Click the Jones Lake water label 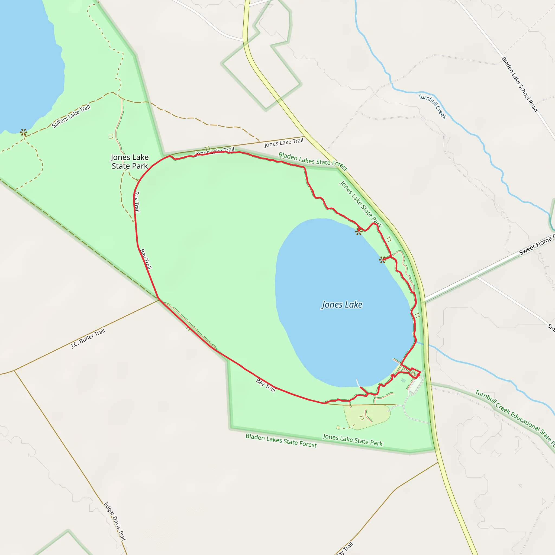(x=341, y=305)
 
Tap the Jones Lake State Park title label (x=130, y=162)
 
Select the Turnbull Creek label (x=433, y=106)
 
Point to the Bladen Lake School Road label (x=520, y=84)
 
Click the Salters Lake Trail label (x=71, y=116)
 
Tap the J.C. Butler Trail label (x=88, y=338)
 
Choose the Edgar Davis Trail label (x=115, y=521)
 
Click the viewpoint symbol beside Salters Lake (x=24, y=133)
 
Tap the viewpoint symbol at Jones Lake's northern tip (x=359, y=231)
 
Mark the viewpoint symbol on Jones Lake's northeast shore (x=382, y=260)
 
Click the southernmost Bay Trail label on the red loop (x=266, y=385)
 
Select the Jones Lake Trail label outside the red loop (x=284, y=143)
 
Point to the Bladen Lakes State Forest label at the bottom (x=281, y=441)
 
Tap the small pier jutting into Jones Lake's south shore (x=358, y=383)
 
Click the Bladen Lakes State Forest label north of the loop (x=313, y=162)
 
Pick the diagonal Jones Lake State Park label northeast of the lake (x=361, y=204)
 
